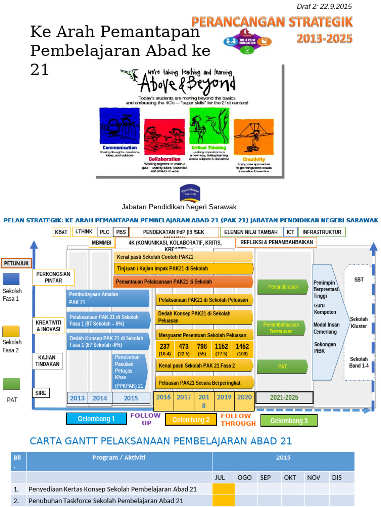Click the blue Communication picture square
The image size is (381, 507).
[x=120, y=126]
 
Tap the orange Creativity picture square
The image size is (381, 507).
[x=254, y=137]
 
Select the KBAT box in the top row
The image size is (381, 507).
[x=61, y=232]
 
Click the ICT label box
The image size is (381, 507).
[x=290, y=232]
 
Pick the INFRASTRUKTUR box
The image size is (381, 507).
[x=322, y=232]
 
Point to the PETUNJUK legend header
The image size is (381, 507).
[x=17, y=263]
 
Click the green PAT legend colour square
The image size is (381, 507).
[x=11, y=384]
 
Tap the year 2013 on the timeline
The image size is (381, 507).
[x=77, y=398]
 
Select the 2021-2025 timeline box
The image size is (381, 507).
[x=284, y=397]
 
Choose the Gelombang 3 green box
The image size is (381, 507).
[x=289, y=420]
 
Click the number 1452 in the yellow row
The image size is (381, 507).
[x=242, y=347]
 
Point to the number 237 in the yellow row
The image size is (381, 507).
[x=165, y=347]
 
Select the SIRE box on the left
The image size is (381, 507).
[x=40, y=393]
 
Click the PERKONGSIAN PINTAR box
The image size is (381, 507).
[x=53, y=277]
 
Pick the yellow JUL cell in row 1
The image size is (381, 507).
[x=224, y=489]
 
